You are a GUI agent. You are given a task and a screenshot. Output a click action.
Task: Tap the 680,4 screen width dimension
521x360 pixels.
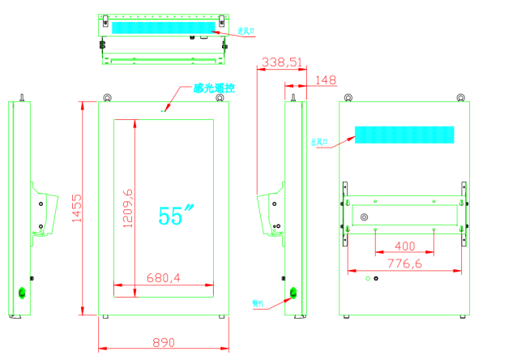coord(163,277)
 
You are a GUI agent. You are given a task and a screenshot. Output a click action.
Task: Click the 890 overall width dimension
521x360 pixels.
coord(163,343)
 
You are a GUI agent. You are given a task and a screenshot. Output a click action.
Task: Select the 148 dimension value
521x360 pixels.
coord(326,79)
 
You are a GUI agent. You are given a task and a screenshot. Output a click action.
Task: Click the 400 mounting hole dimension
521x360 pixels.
coord(404,246)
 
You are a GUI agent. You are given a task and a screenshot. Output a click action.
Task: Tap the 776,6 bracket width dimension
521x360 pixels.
coord(404,264)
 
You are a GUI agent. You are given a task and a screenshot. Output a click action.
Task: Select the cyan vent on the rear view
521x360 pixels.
coord(404,135)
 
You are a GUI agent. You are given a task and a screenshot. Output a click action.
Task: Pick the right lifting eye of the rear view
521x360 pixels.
coord(459,99)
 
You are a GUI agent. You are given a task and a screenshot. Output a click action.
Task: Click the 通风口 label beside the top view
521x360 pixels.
coord(246,32)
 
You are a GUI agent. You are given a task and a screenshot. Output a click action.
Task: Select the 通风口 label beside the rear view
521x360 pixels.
coord(320,142)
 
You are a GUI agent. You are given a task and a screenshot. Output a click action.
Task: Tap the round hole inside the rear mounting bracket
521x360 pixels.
coord(364,217)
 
